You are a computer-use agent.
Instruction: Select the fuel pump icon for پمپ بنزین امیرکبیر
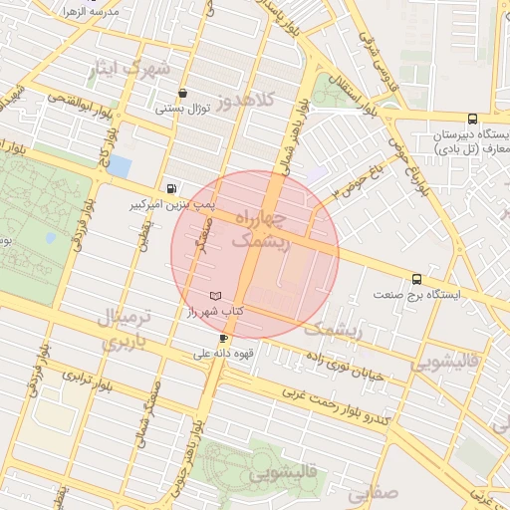174,188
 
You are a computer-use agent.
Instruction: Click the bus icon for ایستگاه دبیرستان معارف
500,119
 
